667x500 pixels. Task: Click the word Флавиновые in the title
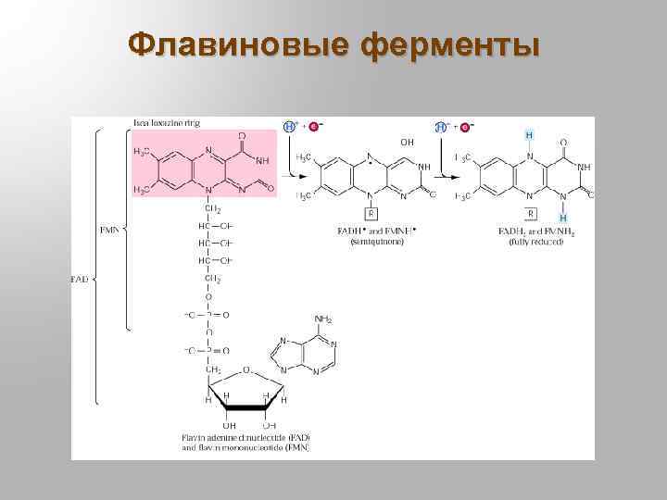point(240,44)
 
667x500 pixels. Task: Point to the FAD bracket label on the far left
point(82,277)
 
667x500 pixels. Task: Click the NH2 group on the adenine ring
point(322,319)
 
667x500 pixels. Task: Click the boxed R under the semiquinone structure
point(370,212)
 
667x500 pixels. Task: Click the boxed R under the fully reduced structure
point(530,212)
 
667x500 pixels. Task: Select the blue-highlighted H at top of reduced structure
point(529,135)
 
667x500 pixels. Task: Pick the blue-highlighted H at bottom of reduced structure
point(562,219)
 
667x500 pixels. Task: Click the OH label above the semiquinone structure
point(407,142)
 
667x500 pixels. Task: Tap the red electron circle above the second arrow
point(464,126)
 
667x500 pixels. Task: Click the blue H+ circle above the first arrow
point(290,126)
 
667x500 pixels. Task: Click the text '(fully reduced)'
point(534,242)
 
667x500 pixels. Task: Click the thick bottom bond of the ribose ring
point(245,406)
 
